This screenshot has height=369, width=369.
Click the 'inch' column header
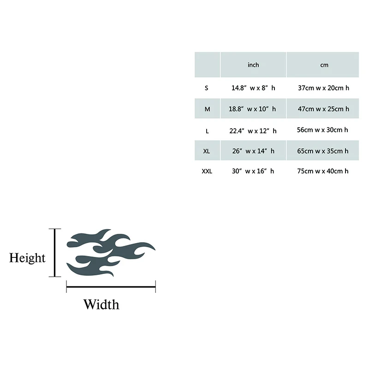point(253,65)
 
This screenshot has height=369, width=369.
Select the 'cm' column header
point(324,65)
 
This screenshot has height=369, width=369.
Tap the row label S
point(207,88)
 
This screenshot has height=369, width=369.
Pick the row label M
point(207,109)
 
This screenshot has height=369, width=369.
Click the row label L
point(207,131)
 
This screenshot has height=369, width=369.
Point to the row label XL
point(207,151)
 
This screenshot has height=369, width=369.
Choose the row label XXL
point(207,171)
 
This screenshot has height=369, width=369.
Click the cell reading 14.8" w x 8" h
point(253,88)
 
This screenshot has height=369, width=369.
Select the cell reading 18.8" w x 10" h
point(253,109)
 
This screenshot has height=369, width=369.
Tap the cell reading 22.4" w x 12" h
point(253,131)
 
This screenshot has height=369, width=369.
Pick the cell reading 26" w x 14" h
point(253,151)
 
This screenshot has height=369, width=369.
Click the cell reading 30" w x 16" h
point(253,171)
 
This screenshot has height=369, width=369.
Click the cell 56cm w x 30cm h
point(322,130)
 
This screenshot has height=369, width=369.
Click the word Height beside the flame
point(28,258)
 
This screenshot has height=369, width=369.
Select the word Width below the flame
point(101,304)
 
